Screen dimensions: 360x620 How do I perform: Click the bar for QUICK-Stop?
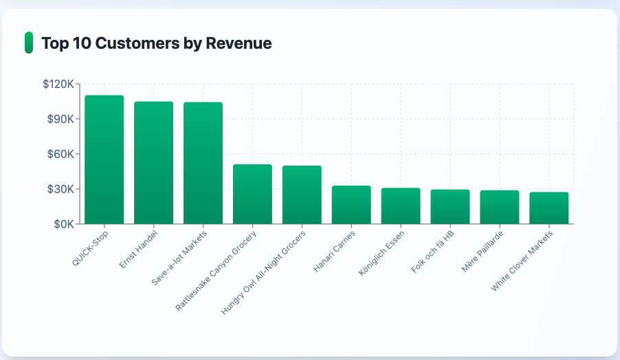coord(104,159)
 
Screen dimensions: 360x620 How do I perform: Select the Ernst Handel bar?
coord(153,163)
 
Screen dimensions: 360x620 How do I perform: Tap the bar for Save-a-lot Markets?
coord(203,163)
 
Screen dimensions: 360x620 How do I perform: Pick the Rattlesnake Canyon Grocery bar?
coord(252,194)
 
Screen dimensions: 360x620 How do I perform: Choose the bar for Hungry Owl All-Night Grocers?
coord(302,194)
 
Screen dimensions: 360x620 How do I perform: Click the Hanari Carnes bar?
coord(351,205)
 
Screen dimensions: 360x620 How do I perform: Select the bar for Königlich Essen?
coord(401,205)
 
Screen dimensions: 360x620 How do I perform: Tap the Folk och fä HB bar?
coord(450,207)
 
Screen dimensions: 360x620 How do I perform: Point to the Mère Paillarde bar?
coord(500,207)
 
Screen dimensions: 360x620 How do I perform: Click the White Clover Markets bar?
coord(549,207)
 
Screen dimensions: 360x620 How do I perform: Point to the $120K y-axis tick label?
coord(58,84)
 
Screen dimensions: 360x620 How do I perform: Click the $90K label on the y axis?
coord(61,119)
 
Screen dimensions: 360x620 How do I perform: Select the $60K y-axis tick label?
coord(61,154)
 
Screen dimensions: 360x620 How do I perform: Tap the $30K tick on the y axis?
coord(61,189)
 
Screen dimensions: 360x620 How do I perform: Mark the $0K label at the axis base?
coord(64,224)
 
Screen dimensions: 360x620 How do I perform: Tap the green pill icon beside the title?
coord(28,43)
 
